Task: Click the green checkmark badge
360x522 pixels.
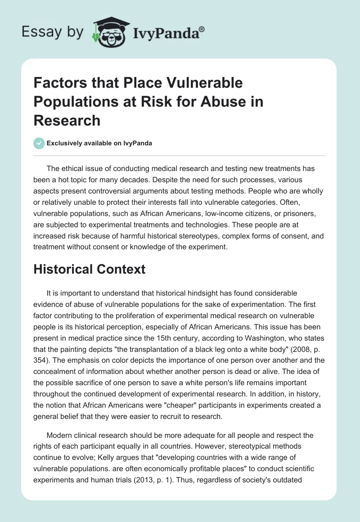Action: click(x=39, y=144)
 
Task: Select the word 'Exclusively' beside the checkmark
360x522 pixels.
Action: click(x=63, y=144)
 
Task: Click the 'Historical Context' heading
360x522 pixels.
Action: click(x=90, y=269)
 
